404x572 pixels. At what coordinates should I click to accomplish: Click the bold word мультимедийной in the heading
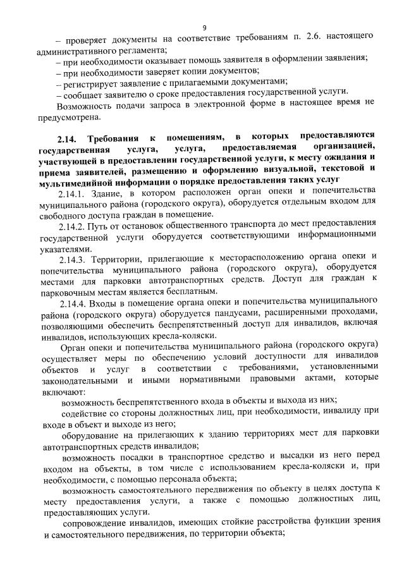[80, 180]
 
